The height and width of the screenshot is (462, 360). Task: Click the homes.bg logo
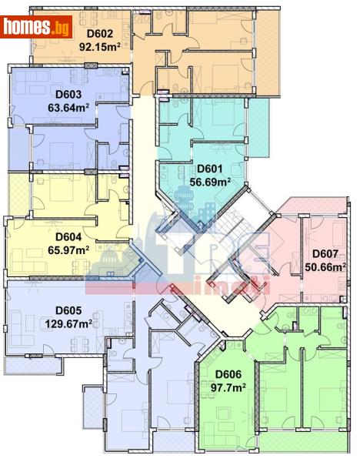point(37,27)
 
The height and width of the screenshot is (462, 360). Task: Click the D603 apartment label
point(69,95)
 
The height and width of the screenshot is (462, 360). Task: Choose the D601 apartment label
point(209,169)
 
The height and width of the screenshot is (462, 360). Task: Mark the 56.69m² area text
point(211,182)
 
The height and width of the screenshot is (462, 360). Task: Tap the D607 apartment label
point(325,254)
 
